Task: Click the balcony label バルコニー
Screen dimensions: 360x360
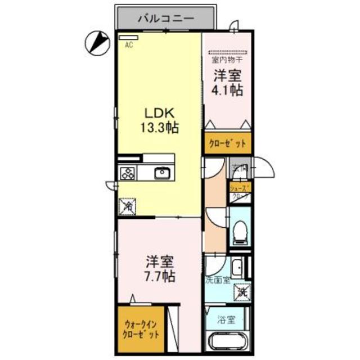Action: coord(166,19)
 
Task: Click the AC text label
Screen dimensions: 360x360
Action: coord(129,46)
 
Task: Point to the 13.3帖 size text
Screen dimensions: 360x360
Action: coord(159,128)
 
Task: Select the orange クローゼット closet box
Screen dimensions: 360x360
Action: coord(227,143)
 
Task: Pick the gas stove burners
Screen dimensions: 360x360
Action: coord(127,173)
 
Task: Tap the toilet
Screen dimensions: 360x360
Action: coord(240,231)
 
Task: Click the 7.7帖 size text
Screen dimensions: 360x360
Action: coord(160,276)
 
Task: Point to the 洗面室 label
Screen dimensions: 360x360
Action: coord(218,280)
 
